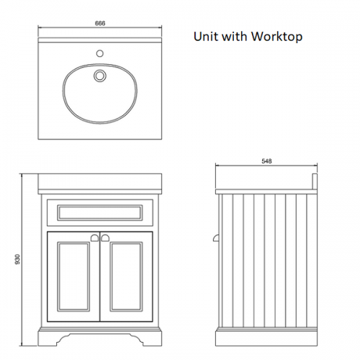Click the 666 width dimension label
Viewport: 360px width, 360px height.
pyautogui.click(x=100, y=23)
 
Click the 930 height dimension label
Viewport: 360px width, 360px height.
pyautogui.click(x=18, y=259)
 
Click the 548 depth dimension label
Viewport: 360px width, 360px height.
pyautogui.click(x=266, y=161)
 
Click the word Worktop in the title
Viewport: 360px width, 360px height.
pyautogui.click(x=276, y=37)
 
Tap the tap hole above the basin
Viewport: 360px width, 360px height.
pyautogui.click(x=100, y=53)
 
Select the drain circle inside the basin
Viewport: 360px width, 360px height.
pyautogui.click(x=99, y=76)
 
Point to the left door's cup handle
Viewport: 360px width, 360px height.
pyautogui.click(x=94, y=238)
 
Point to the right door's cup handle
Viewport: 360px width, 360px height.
pyautogui.click(x=105, y=238)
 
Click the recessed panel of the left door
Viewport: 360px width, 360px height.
pyautogui.click(x=73, y=276)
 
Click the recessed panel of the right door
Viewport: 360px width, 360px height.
pyautogui.click(x=126, y=276)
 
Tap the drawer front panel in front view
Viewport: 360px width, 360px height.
pyautogui.click(x=100, y=212)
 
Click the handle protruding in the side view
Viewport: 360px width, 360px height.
pyautogui.click(x=216, y=238)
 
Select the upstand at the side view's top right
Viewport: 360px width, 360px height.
pyautogui.click(x=315, y=181)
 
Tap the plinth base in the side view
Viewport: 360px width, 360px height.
pyautogui.click(x=266, y=338)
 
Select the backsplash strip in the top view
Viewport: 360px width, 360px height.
pyautogui.click(x=100, y=40)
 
